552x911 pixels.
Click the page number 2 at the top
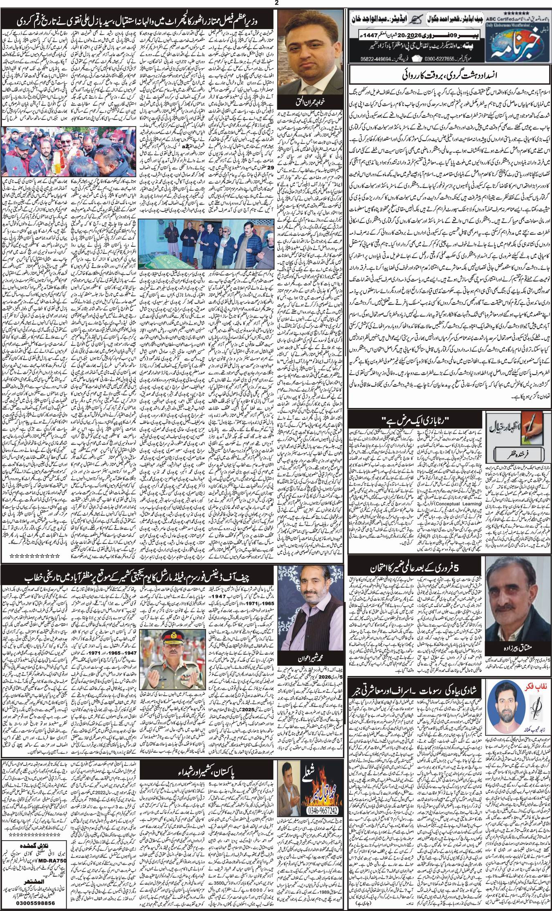click(x=276, y=3)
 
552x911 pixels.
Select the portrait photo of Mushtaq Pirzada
click(x=515, y=591)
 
